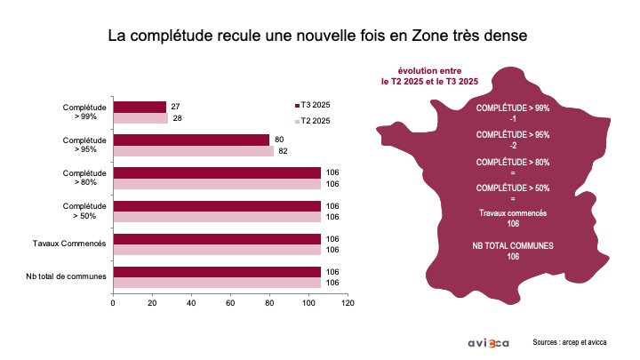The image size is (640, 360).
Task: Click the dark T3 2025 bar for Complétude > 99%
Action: (x=140, y=107)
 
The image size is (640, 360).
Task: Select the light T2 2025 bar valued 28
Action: (x=140, y=118)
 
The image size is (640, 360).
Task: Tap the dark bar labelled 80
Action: (x=191, y=140)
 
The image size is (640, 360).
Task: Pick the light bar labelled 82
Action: (x=194, y=151)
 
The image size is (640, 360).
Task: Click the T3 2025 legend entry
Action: (x=312, y=105)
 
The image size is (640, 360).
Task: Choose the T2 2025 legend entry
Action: (x=312, y=121)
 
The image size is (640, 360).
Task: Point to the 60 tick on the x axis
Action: (x=230, y=303)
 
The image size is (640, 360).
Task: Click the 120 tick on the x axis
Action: (x=348, y=303)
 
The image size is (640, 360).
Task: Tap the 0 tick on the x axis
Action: (x=113, y=303)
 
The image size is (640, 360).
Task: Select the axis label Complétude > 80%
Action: (x=84, y=178)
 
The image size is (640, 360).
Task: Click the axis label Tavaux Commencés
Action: (x=69, y=244)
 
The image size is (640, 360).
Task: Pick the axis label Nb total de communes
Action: (x=66, y=276)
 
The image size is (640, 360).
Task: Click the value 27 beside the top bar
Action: (x=175, y=107)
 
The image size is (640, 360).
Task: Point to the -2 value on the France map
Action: (x=513, y=146)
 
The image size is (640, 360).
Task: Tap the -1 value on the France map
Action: (x=513, y=119)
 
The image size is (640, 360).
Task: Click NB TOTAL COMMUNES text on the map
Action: (x=513, y=245)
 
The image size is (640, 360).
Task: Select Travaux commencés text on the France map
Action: (x=513, y=213)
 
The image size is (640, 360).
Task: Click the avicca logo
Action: (x=489, y=343)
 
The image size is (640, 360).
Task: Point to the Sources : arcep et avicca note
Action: (x=570, y=342)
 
